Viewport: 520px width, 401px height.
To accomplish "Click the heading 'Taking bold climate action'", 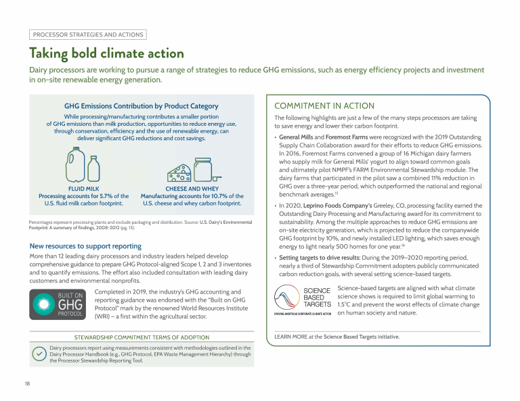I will [106, 53].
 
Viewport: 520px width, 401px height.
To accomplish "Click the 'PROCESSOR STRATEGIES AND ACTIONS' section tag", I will [87, 34].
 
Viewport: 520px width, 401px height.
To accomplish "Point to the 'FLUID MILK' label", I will [83, 189].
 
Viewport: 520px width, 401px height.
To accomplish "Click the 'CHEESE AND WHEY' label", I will [192, 189].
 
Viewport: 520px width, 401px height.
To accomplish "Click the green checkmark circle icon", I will [40, 354].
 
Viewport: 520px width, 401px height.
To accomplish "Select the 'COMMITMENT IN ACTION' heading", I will [324, 106].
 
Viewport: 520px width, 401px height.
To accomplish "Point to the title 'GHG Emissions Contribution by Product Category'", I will [141, 106].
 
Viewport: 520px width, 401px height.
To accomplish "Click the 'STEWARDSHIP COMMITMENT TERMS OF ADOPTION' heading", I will [142, 337].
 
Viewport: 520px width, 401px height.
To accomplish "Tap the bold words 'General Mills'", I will [297, 137].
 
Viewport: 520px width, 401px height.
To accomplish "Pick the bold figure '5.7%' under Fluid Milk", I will [108, 196].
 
